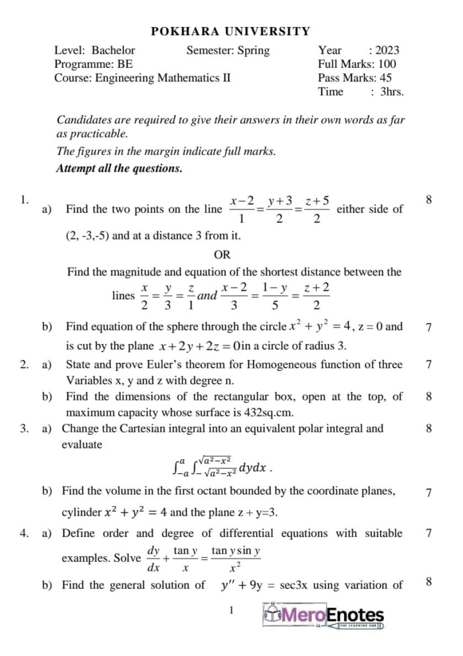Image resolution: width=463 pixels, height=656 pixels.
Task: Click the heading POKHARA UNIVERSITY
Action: tap(231, 31)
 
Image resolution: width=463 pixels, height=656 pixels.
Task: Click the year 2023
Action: tap(387, 51)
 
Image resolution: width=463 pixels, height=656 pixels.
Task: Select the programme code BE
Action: tap(125, 64)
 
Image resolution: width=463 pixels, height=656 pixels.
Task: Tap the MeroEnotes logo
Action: tap(324, 617)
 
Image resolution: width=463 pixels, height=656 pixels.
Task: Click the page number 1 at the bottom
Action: tap(231, 611)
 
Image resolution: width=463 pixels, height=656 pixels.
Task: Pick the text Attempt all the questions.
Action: tap(120, 169)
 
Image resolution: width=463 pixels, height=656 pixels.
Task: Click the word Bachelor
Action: tap(113, 51)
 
